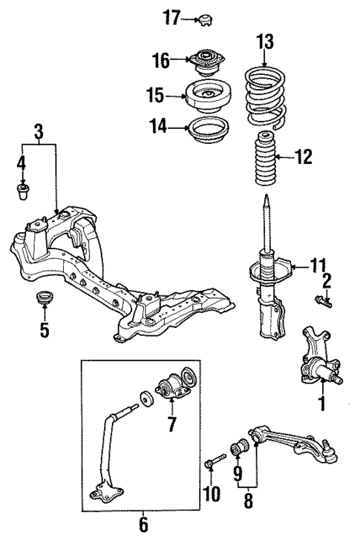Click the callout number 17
(x=171, y=17)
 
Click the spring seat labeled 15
(x=206, y=96)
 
